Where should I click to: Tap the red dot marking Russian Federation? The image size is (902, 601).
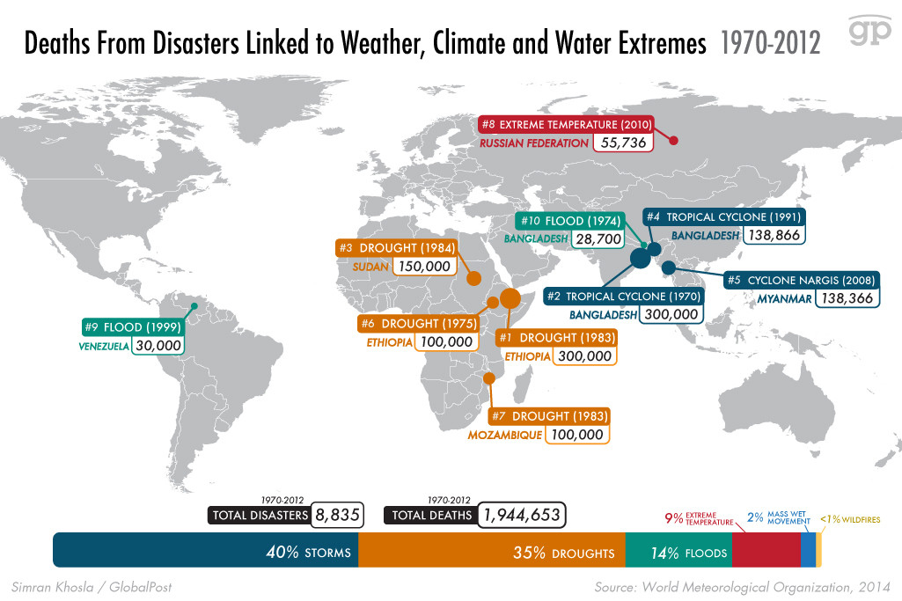[x=673, y=140]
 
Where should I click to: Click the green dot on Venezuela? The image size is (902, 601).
[x=196, y=308]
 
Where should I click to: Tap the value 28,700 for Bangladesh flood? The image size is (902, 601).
[x=598, y=238]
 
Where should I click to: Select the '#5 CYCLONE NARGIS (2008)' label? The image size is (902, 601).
[x=802, y=280]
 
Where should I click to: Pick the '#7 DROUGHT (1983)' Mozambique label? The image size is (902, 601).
[x=548, y=415]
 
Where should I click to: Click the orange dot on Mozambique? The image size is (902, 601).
[x=488, y=378]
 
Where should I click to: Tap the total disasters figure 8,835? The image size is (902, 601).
[x=338, y=516]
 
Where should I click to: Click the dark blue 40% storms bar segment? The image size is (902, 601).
[x=206, y=550]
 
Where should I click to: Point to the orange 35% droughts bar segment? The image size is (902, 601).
[x=491, y=550]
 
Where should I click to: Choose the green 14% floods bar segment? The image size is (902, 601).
[x=678, y=550]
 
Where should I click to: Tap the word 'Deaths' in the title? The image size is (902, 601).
[x=57, y=44]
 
